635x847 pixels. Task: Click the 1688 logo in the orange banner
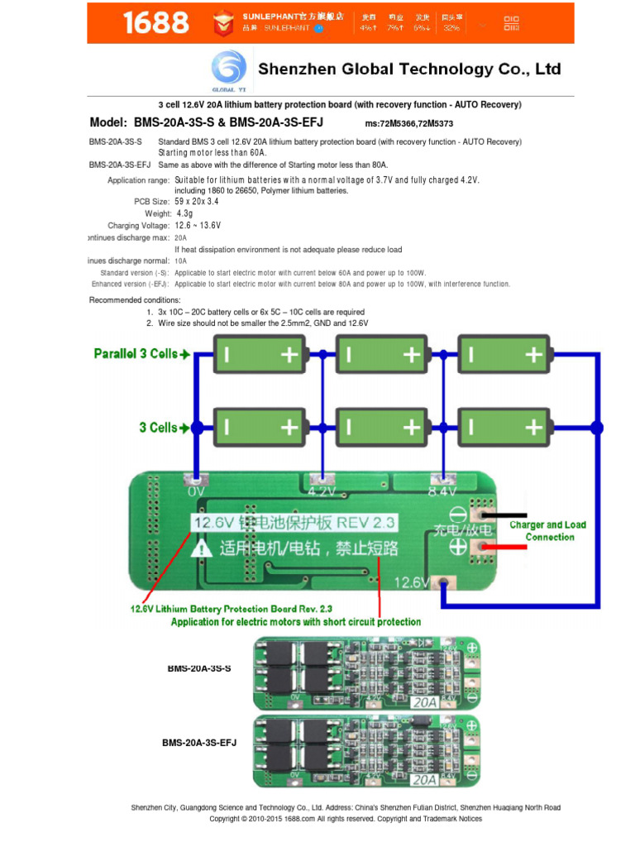pos(155,23)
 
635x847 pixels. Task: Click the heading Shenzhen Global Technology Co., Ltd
pos(409,69)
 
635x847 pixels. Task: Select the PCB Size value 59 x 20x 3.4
pos(197,201)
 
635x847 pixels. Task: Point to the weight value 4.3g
pos(184,213)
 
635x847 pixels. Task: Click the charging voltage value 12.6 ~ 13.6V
pos(198,225)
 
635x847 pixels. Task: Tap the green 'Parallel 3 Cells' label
pos(141,354)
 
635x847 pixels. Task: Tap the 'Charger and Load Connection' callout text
pos(548,531)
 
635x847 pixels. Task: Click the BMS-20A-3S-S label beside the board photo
pos(198,668)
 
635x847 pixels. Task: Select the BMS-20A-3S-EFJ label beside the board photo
pos(198,743)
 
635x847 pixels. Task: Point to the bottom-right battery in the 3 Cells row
pos(504,427)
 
